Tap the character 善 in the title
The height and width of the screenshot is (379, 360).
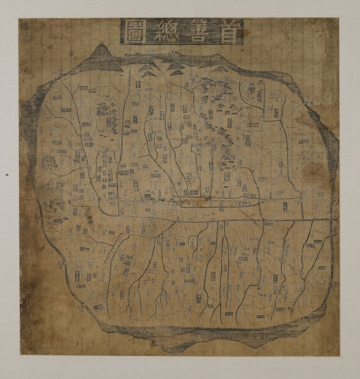[197, 32]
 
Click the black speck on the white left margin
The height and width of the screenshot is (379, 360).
[6, 173]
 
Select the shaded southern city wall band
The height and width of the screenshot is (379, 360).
[197, 336]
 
